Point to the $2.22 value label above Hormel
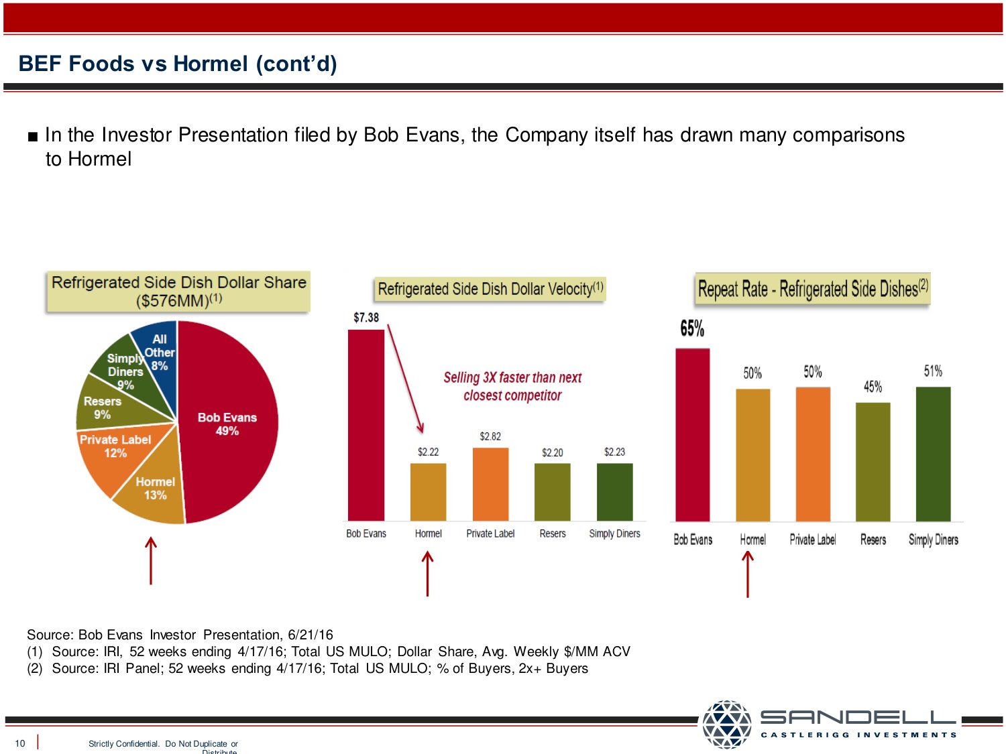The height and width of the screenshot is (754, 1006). click(x=428, y=452)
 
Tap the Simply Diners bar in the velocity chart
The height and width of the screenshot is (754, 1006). click(x=614, y=492)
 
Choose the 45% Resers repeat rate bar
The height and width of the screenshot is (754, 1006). click(x=873, y=462)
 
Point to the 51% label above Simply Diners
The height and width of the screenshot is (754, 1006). click(x=933, y=371)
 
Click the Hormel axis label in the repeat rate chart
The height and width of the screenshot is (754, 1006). click(x=752, y=540)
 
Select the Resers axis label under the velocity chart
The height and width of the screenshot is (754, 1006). click(x=553, y=533)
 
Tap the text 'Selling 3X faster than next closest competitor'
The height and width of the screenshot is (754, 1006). click(x=512, y=387)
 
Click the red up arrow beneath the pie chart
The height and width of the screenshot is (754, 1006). click(x=151, y=560)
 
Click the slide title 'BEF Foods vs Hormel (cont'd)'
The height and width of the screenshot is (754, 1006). click(x=178, y=64)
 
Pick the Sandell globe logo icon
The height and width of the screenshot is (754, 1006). click(x=726, y=724)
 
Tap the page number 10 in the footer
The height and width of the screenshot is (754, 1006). click(x=20, y=743)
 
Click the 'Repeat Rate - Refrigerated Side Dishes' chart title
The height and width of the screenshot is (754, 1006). click(x=813, y=289)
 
